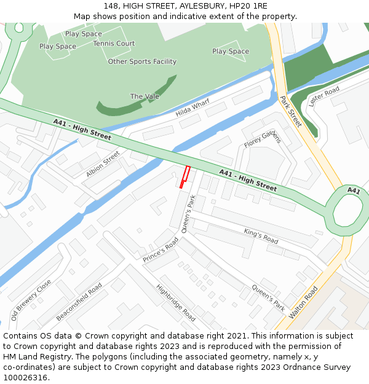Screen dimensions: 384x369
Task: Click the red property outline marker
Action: [x=184, y=177]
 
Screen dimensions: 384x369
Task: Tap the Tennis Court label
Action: [x=114, y=44]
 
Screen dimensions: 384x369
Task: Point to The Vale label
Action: [x=145, y=96]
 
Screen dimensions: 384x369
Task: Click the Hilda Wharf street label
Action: [x=192, y=108]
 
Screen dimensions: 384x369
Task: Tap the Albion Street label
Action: [x=103, y=164]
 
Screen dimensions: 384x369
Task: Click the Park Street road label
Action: [x=290, y=111]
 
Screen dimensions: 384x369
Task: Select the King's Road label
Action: [x=261, y=236]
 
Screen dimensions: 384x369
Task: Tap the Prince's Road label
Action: [x=161, y=250]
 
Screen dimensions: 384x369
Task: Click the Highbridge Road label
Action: [x=176, y=302]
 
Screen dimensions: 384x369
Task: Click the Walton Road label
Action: [x=304, y=301]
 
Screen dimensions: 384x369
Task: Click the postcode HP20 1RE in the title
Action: [x=245, y=6]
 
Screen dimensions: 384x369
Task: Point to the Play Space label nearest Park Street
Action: [x=231, y=52]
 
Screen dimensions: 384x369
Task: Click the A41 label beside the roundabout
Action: [x=354, y=190]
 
